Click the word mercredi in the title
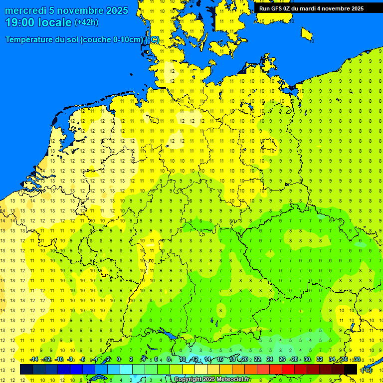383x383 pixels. click(25, 10)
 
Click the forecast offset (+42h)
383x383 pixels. click(86, 22)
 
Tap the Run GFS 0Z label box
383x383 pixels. click(311, 8)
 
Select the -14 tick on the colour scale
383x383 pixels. click(34, 360)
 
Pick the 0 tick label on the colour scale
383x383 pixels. click(119, 360)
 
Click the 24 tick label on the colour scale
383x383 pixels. click(270, 360)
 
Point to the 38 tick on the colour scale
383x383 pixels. click(357, 360)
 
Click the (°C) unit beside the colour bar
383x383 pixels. click(366, 370)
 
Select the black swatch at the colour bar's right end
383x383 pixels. click(351, 370)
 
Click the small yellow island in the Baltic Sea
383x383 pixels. click(307, 33)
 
